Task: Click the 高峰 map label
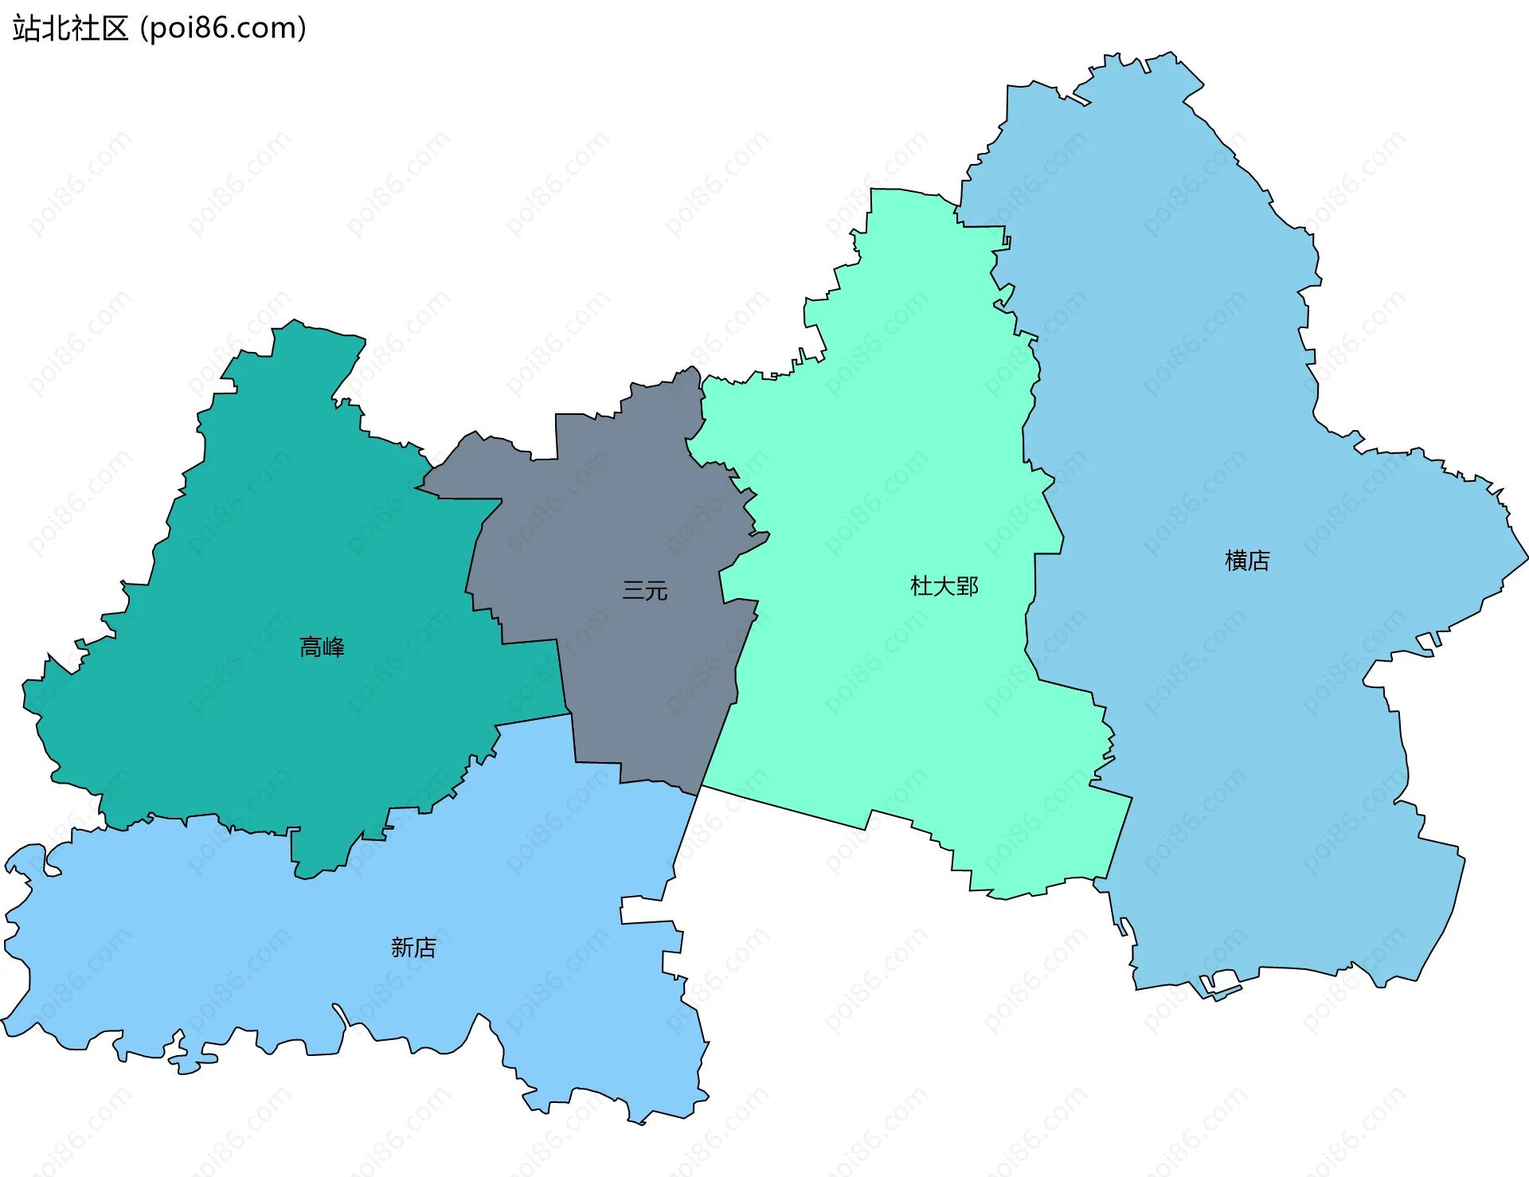tap(322, 647)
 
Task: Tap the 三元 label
tap(645, 591)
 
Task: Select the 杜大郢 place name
tap(944, 587)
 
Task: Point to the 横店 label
tap(1247, 561)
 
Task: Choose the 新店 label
tap(413, 948)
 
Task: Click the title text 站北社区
tap(71, 29)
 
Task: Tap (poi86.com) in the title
tap(224, 29)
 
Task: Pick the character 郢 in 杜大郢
tap(968, 587)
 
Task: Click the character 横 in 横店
tap(1236, 561)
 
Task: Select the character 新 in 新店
tap(402, 948)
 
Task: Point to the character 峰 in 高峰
tap(334, 647)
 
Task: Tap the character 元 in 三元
tap(656, 591)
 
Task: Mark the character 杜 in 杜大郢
tap(921, 587)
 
